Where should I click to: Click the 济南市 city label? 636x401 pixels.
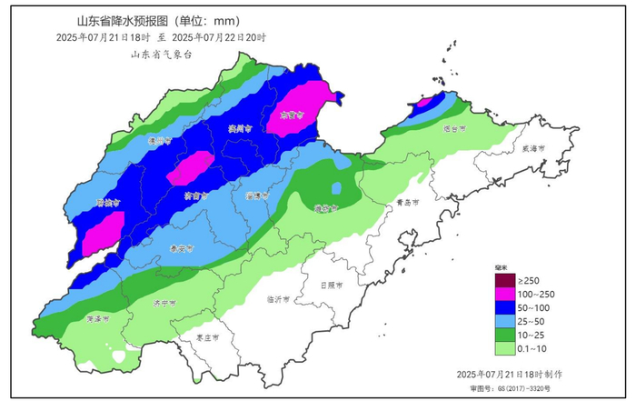pos(196,195)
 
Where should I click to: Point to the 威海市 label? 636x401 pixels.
pos(533,148)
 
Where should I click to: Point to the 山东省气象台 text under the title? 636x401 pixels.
pos(162,55)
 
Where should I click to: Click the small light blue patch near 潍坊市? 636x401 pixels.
pos(337,188)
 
